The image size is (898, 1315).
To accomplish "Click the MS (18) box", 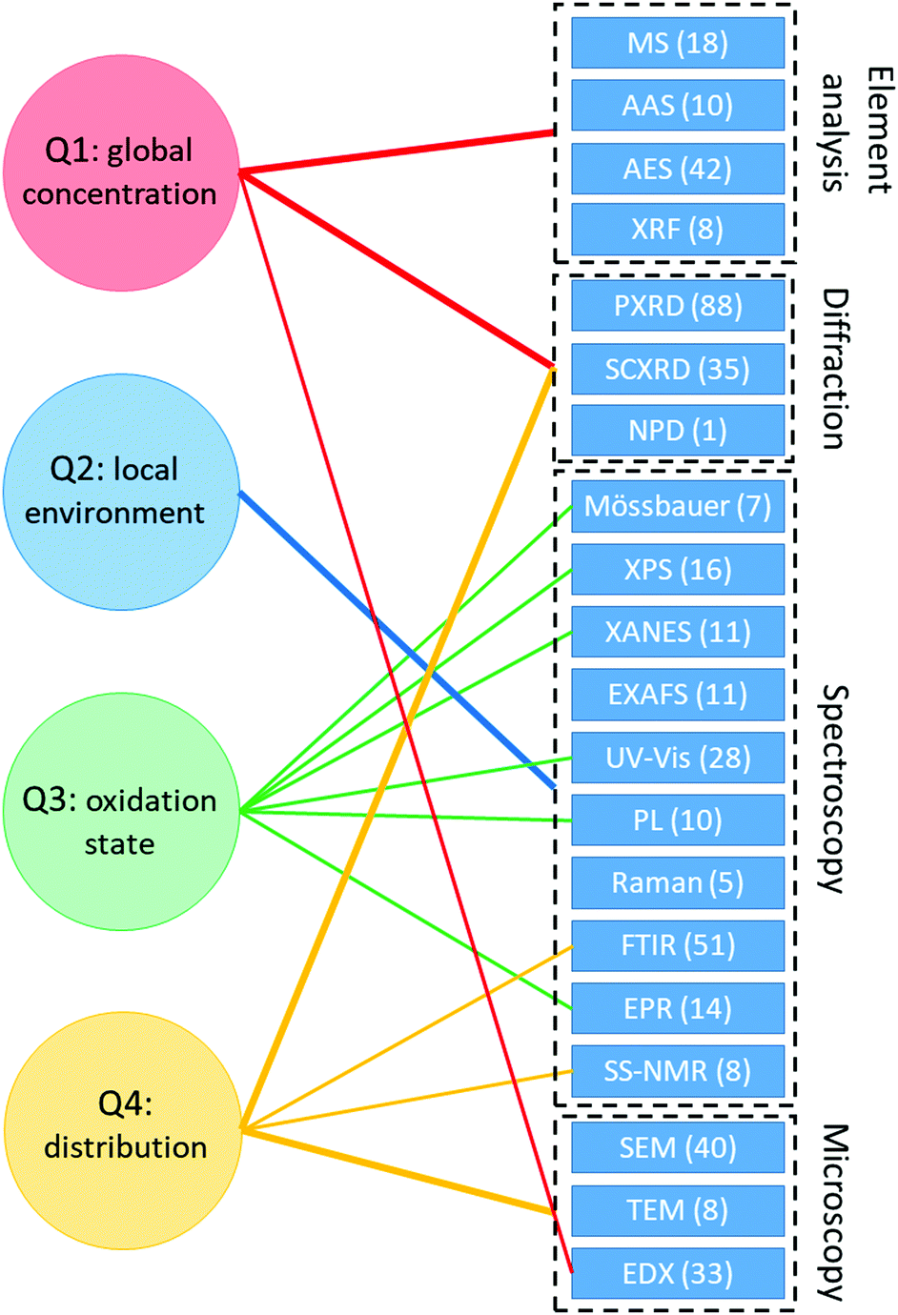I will point(678,43).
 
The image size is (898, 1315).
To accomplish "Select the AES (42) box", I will point(678,169).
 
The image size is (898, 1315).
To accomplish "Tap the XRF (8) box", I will point(678,229).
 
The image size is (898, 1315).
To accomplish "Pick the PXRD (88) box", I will point(678,306).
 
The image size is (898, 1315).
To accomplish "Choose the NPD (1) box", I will point(678,431).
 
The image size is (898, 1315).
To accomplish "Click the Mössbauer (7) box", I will point(678,506).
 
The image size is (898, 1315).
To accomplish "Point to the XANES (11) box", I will point(678,632).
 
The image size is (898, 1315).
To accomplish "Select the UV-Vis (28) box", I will point(678,758).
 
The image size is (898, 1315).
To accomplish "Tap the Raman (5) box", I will point(678,882).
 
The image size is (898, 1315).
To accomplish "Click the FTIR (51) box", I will point(678,945).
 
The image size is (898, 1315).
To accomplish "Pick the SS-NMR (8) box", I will point(678,1071).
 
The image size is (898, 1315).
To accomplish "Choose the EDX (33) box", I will point(678,1273).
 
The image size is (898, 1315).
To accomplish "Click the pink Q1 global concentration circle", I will point(121,172).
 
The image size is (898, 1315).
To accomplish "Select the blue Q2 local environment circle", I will point(121,492).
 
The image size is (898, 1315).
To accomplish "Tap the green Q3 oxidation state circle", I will point(121,811).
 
